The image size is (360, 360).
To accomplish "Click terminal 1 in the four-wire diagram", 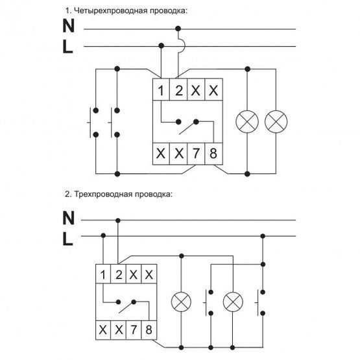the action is (x=161, y=90).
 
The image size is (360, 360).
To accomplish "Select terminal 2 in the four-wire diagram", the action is (x=178, y=90).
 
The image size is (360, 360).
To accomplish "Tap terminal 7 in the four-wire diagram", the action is (x=196, y=154).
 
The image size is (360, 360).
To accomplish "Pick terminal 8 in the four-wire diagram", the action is (x=213, y=154).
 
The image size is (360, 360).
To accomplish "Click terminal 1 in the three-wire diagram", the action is (x=103, y=274).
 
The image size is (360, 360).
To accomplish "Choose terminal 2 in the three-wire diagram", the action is (x=118, y=274).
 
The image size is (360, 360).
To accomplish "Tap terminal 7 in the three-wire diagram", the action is (x=134, y=330).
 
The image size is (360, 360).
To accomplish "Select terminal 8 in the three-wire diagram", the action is (x=149, y=330).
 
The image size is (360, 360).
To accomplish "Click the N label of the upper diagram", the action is (x=68, y=26).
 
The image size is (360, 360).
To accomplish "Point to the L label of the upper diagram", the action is (x=67, y=47).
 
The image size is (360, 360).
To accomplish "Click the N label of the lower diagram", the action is (x=68, y=218).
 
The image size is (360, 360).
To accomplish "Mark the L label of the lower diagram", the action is (x=67, y=239).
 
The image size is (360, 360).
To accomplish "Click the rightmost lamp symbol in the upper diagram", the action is (x=276, y=122).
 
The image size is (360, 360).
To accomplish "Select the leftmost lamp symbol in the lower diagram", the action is (x=182, y=302).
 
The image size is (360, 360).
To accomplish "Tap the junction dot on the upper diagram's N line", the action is (x=178, y=29).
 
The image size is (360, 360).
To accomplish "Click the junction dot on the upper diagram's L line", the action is (x=161, y=45).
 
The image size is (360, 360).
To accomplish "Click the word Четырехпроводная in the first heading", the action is (x=111, y=11).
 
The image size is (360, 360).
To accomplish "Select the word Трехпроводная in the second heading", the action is (x=103, y=194).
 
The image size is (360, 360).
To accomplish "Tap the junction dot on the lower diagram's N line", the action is (x=118, y=221).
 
